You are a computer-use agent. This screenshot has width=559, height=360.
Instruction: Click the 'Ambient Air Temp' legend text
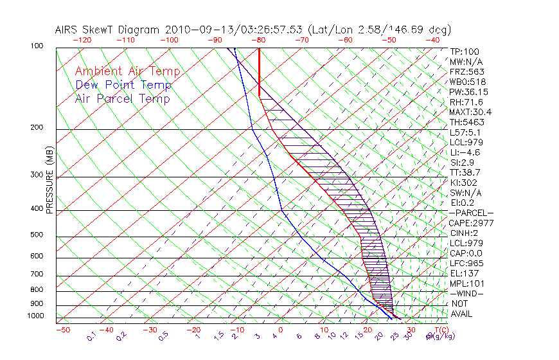[127, 71]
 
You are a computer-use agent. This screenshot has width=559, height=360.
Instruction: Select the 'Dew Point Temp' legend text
[123, 85]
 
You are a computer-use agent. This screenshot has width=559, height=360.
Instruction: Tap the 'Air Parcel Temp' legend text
[122, 98]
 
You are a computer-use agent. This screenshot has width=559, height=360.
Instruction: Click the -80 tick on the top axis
[260, 40]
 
